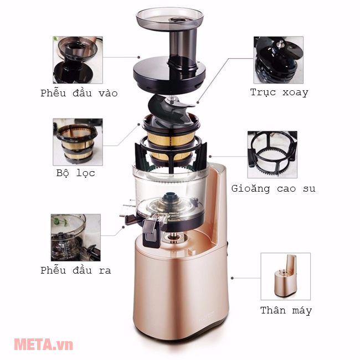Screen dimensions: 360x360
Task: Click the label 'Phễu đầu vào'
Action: (x=79, y=93)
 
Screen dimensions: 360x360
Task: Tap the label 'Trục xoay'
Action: (x=279, y=92)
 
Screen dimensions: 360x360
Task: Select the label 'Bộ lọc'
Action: (x=76, y=173)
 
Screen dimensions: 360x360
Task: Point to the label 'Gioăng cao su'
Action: (x=273, y=188)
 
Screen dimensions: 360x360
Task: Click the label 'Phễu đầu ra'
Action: (x=76, y=270)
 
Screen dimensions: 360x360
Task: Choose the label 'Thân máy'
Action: (x=286, y=310)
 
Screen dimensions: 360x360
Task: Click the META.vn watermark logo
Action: (x=44, y=344)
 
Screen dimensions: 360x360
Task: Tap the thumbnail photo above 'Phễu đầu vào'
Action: (x=78, y=60)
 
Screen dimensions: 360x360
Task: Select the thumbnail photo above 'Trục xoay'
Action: (x=279, y=60)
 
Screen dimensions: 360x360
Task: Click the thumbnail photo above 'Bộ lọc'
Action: (x=78, y=142)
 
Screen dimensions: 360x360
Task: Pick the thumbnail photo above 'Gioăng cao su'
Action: (x=272, y=155)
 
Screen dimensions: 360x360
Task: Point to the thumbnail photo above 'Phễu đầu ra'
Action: (x=76, y=238)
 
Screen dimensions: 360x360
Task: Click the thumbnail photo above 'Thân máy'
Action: (x=286, y=276)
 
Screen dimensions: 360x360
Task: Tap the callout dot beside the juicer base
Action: (x=232, y=278)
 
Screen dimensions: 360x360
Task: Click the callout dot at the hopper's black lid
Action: (x=138, y=57)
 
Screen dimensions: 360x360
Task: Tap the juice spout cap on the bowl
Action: (x=151, y=233)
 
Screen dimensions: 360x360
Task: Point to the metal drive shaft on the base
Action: (x=174, y=238)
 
